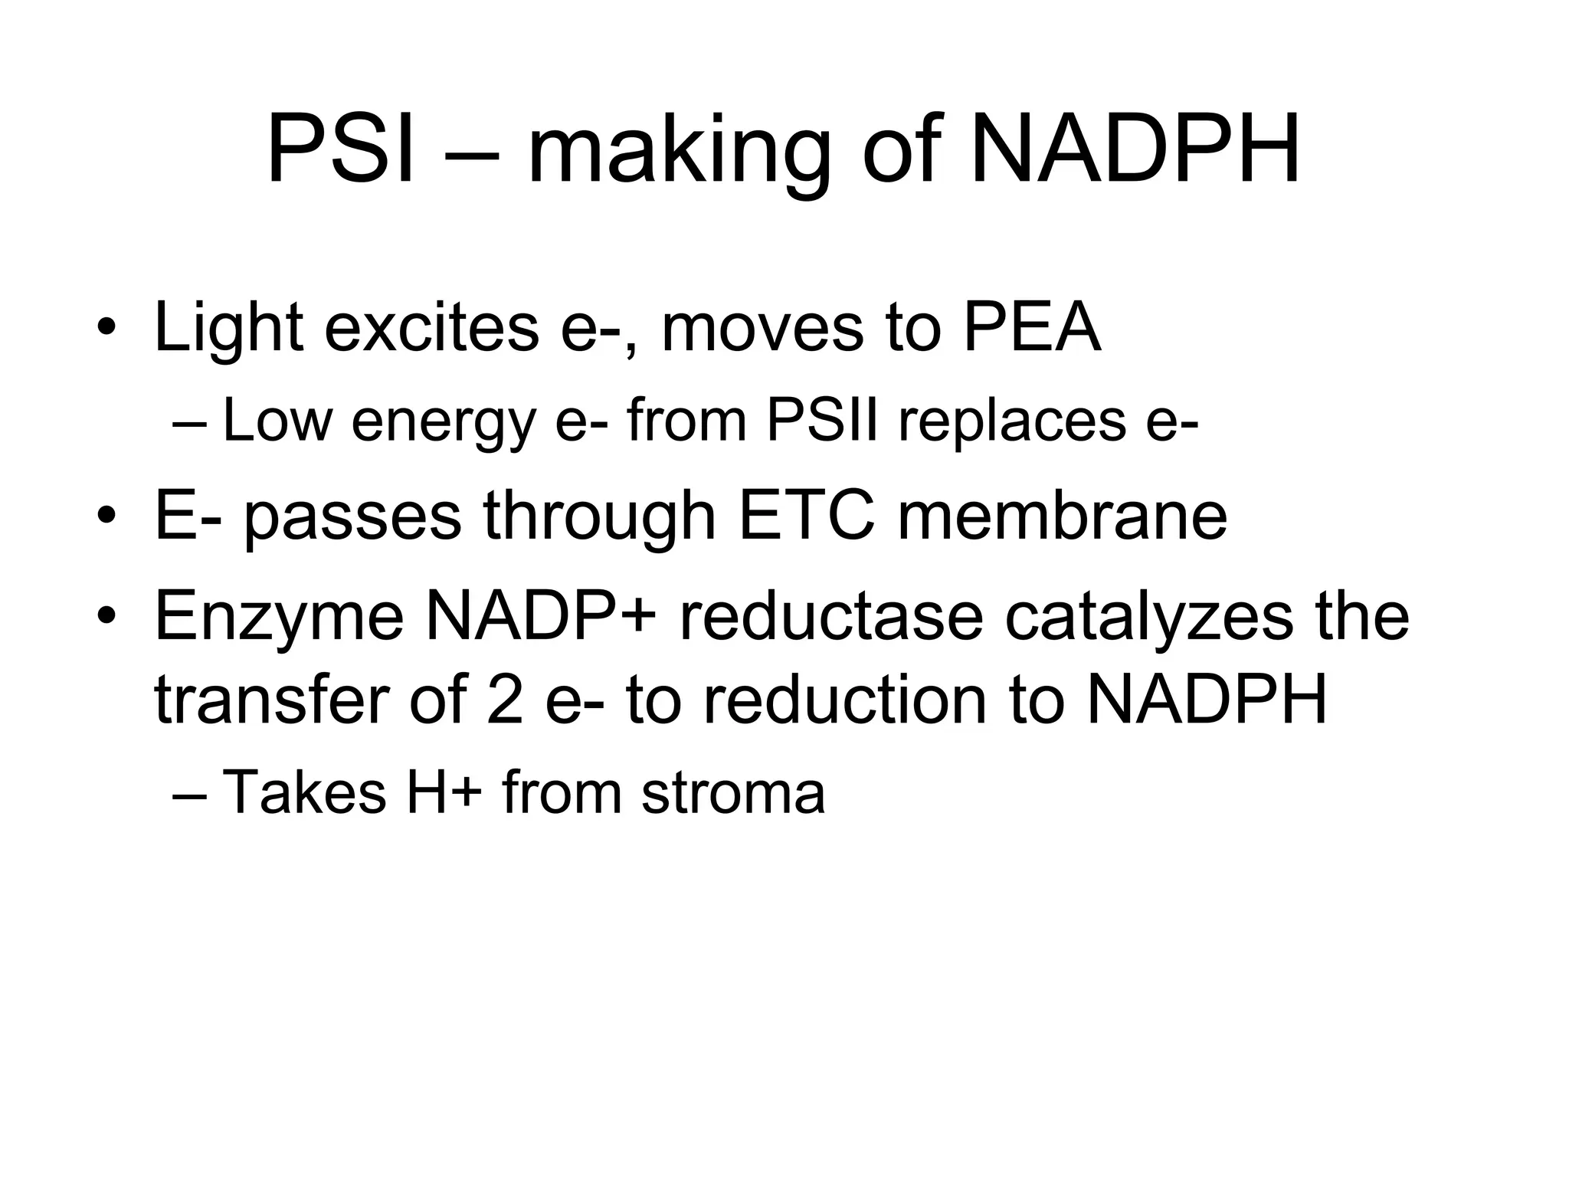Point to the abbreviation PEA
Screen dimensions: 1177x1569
click(x=1031, y=328)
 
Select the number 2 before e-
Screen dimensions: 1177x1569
click(x=505, y=700)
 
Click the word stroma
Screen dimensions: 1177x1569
click(x=733, y=793)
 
